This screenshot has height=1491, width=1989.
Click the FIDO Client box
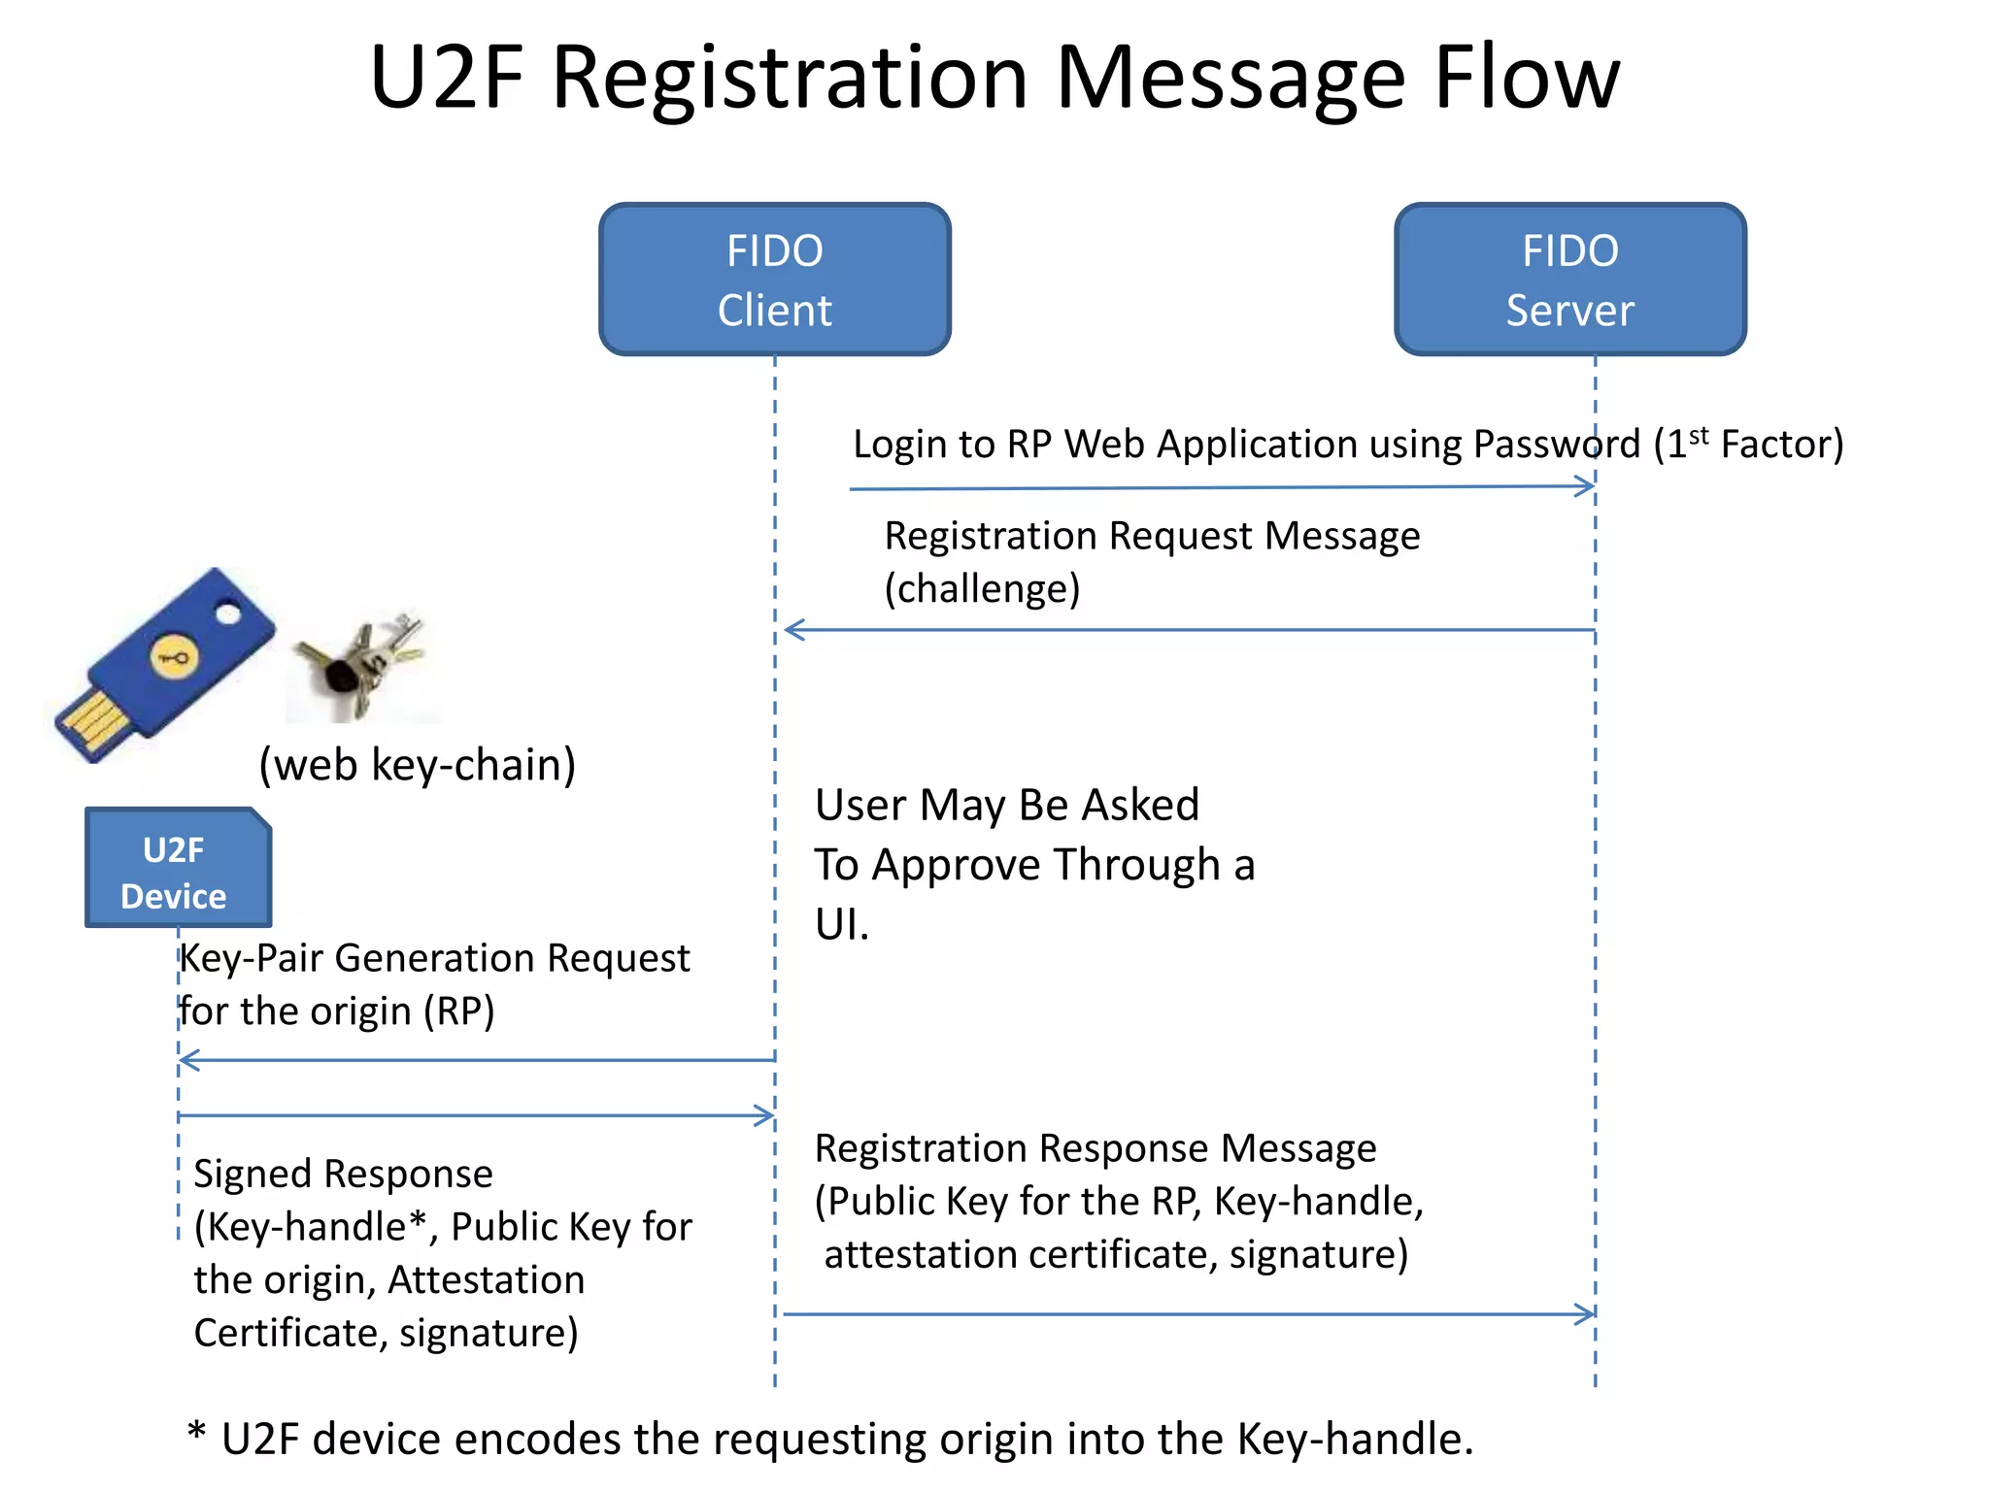point(774,280)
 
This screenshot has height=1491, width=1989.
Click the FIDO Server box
point(1569,280)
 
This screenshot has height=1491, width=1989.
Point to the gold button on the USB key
point(174,658)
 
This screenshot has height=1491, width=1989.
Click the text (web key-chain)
point(417,765)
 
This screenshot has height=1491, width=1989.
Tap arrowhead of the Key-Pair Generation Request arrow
point(188,1060)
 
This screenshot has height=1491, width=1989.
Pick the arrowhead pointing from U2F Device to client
point(766,1115)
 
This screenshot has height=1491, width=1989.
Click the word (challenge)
point(982,589)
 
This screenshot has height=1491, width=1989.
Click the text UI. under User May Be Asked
point(841,924)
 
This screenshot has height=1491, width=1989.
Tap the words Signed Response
point(343,1175)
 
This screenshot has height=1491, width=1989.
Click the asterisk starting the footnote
point(197,1432)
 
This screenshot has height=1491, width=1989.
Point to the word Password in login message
point(1556,445)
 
